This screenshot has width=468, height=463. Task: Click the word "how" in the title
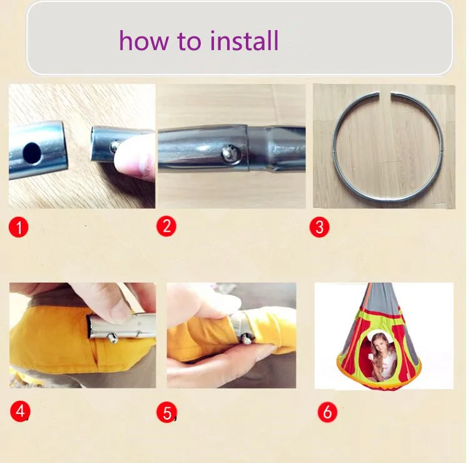point(144,40)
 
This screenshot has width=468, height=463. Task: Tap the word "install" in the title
point(244,40)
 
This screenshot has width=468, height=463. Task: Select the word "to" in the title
point(189,41)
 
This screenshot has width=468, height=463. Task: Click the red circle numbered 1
point(19,227)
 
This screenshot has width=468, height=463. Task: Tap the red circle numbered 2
point(166,226)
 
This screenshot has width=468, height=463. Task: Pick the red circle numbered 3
point(319,227)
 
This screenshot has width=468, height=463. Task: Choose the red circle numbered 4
point(20,411)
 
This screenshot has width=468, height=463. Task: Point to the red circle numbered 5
point(167,412)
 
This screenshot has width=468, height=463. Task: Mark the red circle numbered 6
point(327,412)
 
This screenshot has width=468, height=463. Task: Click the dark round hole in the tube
point(32,153)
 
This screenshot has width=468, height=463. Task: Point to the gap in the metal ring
point(385,95)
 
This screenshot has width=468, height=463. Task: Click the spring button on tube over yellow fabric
point(113,338)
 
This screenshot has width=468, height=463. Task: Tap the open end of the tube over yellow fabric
point(90,327)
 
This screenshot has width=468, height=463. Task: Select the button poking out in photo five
point(247,339)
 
